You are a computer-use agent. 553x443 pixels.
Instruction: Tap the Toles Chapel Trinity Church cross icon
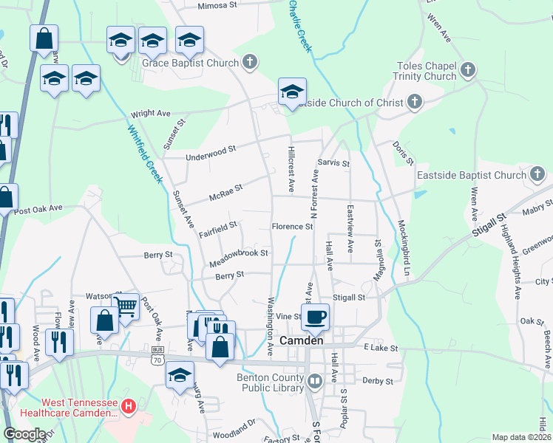point(467,71)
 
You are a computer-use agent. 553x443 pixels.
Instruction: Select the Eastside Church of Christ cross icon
point(415,102)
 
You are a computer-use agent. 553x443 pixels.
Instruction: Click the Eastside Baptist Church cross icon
point(537,175)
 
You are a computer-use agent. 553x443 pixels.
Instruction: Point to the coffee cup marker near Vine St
point(315,317)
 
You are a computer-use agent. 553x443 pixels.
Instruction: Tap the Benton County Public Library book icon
point(315,382)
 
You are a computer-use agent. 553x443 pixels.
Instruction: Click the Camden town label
point(302,341)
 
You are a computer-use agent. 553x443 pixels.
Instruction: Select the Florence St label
point(292,227)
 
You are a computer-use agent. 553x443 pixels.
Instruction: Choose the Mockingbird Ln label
point(404,247)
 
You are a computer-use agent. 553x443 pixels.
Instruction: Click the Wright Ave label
point(151,114)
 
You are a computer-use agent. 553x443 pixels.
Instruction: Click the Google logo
point(24,434)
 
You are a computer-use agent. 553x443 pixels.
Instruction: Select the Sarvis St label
point(333,162)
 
